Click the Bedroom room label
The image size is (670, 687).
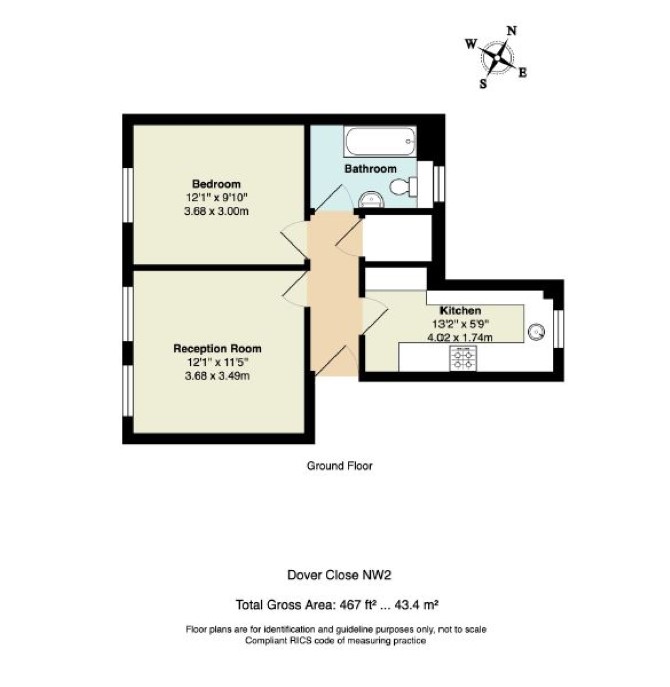tap(216, 184)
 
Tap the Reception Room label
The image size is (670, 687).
tap(217, 349)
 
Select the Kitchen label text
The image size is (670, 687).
tap(460, 311)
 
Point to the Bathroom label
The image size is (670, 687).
tap(370, 169)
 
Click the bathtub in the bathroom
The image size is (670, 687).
tap(379, 142)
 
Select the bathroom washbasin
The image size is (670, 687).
tap(371, 200)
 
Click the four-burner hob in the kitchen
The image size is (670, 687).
tap(463, 358)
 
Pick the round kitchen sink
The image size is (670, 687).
tap(536, 332)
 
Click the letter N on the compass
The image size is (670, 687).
tap(511, 31)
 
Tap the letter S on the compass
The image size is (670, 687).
tap(483, 84)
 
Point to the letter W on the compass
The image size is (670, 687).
tap(470, 44)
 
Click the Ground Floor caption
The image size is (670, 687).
tap(340, 465)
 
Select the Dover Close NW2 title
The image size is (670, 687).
tap(339, 574)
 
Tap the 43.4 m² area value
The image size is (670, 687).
tap(417, 605)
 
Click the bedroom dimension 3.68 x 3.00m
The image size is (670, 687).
tap(216, 211)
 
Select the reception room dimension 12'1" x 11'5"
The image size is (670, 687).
tap(218, 362)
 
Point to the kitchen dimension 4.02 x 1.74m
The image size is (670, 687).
tap(460, 337)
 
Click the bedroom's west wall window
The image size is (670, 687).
tap(128, 195)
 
